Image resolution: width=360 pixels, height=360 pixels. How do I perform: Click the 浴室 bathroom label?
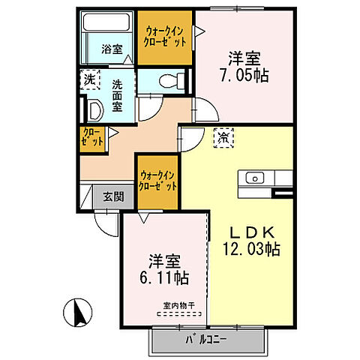(x=111, y=51)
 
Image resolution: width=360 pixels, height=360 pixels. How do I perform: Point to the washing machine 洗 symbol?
(x=90, y=78)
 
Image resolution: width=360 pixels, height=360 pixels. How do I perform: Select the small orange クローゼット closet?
(x=91, y=136)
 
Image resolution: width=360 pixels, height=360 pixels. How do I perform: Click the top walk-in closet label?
(x=164, y=37)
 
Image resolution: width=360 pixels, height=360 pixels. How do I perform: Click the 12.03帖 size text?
(x=250, y=249)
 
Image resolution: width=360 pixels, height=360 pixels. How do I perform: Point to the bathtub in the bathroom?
(x=107, y=33)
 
